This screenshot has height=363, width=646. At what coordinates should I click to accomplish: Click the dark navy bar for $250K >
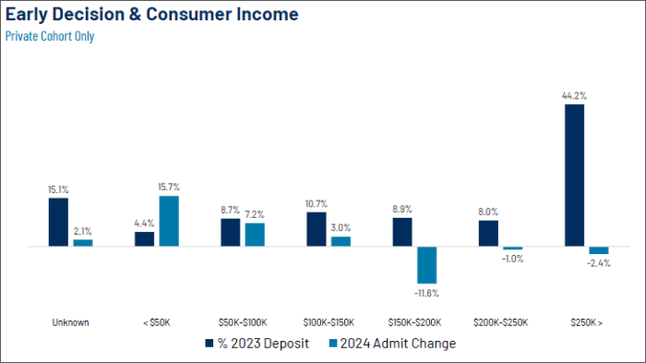click(x=574, y=175)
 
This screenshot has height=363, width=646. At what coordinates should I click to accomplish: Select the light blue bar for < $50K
click(x=169, y=221)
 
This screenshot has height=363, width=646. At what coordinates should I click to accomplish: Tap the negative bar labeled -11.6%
click(x=426, y=265)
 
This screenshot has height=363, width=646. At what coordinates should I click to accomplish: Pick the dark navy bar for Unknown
click(x=58, y=223)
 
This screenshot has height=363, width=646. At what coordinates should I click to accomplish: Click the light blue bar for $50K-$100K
click(x=255, y=235)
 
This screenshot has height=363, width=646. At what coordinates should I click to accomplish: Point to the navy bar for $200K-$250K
click(x=488, y=234)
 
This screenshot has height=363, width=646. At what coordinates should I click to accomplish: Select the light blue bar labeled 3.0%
click(x=341, y=242)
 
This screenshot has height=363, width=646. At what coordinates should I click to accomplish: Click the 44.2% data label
click(x=574, y=96)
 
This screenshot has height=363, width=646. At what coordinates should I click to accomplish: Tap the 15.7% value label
click(x=169, y=187)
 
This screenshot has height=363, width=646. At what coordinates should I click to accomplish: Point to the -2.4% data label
click(x=599, y=263)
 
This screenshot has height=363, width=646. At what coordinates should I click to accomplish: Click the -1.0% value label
click(x=512, y=259)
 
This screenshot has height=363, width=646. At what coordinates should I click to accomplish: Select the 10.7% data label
click(x=317, y=204)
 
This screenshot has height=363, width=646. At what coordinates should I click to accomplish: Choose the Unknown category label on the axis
click(x=70, y=322)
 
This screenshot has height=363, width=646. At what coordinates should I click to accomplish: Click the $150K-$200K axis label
click(x=415, y=322)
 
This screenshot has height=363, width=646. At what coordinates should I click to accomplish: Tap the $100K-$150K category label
click(x=329, y=322)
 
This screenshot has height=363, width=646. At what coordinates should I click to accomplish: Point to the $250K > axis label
click(x=587, y=322)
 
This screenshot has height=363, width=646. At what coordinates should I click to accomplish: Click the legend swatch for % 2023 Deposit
click(x=209, y=344)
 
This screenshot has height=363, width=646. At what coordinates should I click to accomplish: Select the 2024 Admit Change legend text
click(x=398, y=344)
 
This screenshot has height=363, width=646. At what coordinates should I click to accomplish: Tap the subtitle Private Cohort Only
click(x=50, y=36)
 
